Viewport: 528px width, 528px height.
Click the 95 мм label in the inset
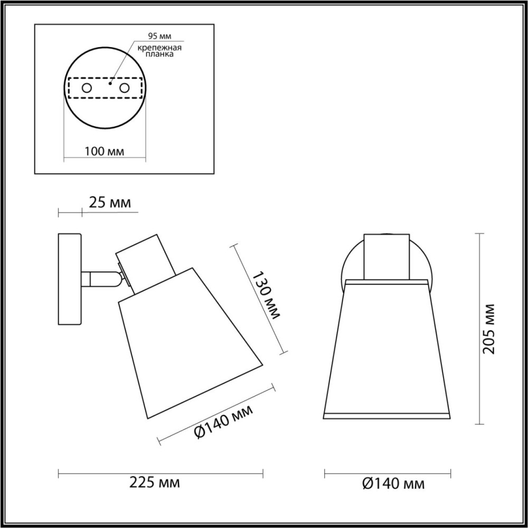(159, 36)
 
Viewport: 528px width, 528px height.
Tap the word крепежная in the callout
(159, 48)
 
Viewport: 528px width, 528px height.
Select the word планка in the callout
(159, 54)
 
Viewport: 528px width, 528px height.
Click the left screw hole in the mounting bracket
(87, 88)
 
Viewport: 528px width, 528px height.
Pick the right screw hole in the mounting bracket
(124, 88)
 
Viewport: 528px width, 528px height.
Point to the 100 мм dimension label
(104, 152)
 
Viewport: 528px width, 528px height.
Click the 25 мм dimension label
(110, 203)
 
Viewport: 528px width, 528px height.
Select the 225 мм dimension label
(155, 483)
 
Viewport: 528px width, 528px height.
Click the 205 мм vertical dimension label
(489, 328)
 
